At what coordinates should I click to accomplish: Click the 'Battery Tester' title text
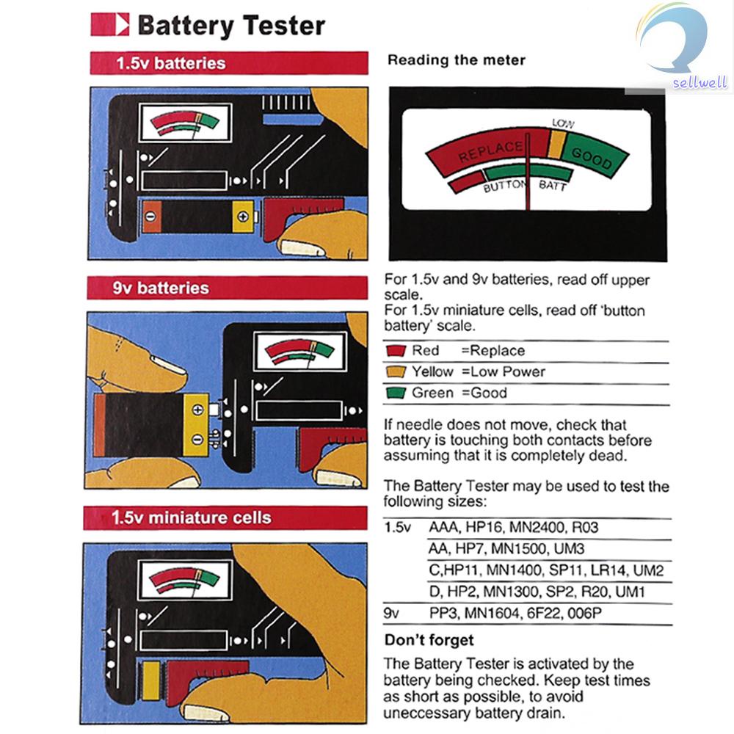(231, 25)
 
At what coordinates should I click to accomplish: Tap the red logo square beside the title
(109, 24)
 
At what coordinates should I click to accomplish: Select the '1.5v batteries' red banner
(229, 63)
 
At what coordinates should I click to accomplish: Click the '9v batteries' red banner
(227, 288)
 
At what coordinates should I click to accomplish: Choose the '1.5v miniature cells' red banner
(225, 517)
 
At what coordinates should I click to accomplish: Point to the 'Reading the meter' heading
(457, 60)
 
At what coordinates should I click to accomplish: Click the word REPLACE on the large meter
(490, 150)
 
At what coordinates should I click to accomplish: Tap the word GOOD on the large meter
(592, 158)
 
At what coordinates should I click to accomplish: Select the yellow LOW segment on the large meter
(556, 144)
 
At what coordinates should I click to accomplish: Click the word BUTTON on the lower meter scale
(505, 186)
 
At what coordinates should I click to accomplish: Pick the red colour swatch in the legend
(396, 351)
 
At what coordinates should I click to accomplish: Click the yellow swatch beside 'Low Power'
(396, 371)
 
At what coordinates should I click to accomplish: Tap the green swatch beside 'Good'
(396, 392)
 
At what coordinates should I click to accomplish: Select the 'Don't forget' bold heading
(429, 640)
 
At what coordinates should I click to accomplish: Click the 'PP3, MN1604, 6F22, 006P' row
(515, 613)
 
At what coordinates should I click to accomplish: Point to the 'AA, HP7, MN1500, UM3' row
(506, 548)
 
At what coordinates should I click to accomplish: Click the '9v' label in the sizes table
(391, 613)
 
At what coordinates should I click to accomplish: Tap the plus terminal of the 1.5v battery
(242, 217)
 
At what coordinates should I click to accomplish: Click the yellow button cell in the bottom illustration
(150, 680)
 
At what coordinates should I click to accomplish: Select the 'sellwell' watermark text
(700, 82)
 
